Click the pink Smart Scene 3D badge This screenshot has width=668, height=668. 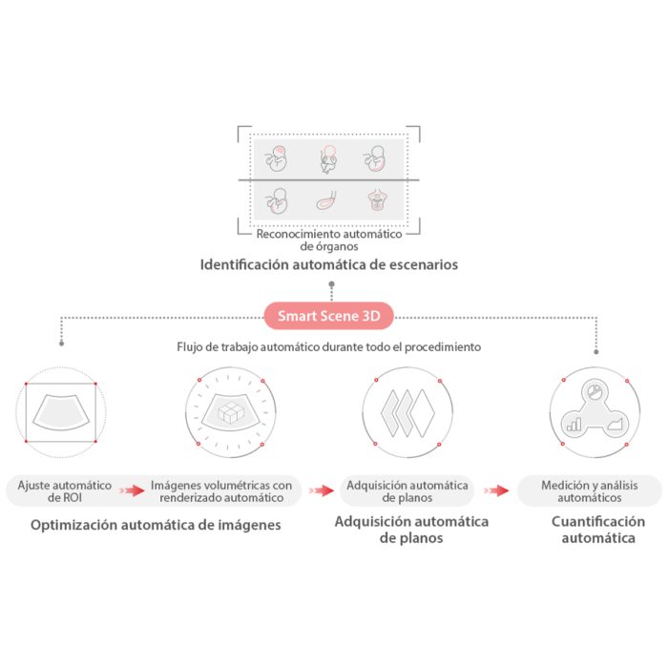328,316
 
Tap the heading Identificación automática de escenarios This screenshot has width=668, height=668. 329,264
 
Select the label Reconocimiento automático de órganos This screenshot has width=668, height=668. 329,240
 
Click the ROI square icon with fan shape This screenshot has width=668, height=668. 61,412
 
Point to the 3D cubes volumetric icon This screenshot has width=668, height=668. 231,412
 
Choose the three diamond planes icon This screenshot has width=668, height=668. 407,412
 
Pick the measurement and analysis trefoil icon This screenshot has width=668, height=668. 595,412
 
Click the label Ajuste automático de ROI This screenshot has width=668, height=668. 64,491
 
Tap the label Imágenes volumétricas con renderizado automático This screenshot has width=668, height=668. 221,491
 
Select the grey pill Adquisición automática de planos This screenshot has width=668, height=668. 407,491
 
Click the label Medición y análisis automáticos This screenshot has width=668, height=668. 590,491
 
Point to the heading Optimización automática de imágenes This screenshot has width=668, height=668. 156,525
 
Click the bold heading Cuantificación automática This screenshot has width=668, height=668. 598,530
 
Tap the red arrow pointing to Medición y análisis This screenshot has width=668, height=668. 496,491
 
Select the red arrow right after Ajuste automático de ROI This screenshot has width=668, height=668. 132,491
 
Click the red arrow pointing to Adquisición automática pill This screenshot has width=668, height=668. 322,491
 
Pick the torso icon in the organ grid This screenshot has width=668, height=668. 377,199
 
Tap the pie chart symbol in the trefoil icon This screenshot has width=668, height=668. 595,391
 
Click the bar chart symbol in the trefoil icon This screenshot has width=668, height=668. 574,425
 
